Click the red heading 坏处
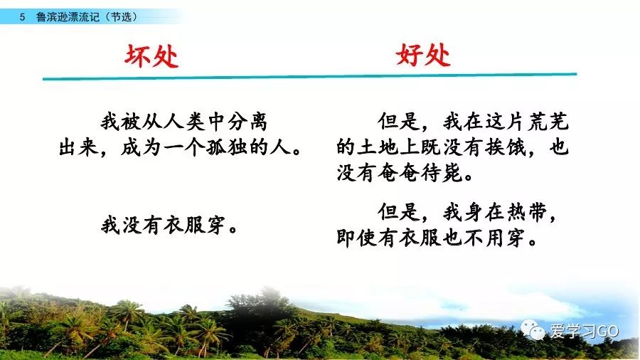(151, 55)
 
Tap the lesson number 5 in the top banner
(23, 17)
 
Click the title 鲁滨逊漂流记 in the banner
(68, 17)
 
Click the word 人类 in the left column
(183, 122)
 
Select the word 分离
(247, 122)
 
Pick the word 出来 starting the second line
(78, 147)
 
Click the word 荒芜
(548, 122)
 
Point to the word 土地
(378, 147)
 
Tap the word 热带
(527, 213)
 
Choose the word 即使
(357, 238)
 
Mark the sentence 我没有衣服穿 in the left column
(163, 226)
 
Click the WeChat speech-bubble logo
(533, 330)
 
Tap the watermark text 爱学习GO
(584, 331)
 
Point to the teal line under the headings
(310, 76)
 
